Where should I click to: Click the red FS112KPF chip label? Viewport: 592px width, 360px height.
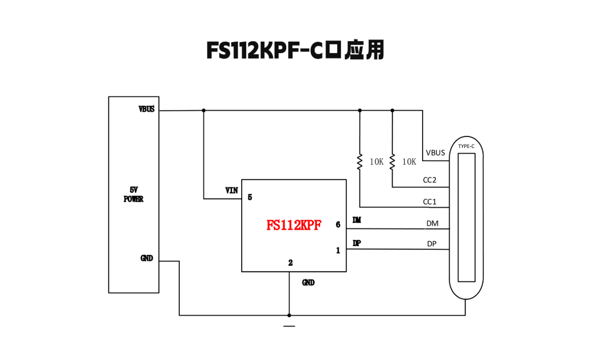click(294, 225)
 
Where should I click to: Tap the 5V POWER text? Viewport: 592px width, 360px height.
click(133, 195)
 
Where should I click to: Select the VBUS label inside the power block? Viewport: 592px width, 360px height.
click(146, 109)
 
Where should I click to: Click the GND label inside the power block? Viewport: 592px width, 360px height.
click(147, 258)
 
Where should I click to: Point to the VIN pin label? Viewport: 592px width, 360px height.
click(231, 191)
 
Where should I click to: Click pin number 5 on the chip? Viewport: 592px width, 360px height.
click(250, 197)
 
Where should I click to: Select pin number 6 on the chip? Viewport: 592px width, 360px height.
click(338, 225)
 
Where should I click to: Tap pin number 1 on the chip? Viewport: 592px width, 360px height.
click(338, 250)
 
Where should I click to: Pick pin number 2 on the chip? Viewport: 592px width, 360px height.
click(291, 263)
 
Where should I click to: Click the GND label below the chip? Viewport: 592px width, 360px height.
click(309, 283)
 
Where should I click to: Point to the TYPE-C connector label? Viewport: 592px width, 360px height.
click(466, 146)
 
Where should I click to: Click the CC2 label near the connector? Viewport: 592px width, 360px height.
click(430, 180)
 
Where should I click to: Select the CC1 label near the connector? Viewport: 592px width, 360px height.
click(430, 202)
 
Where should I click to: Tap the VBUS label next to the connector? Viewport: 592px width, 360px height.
click(435, 153)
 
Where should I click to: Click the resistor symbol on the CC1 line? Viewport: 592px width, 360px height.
click(360, 162)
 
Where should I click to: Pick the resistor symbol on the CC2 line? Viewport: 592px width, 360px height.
click(392, 162)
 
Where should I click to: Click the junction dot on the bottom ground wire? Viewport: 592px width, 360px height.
click(289, 315)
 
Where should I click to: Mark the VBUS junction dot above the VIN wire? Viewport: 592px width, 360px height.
click(204, 110)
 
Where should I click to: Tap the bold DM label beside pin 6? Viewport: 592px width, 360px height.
click(357, 220)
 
